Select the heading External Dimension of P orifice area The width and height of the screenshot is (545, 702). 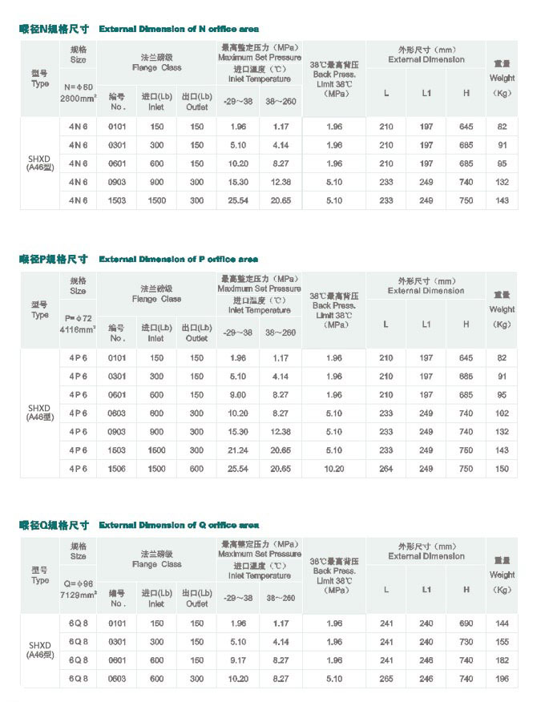pos(178,259)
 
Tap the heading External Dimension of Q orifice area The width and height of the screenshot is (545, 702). pos(178,525)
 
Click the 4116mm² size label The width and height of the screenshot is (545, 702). pos(78,329)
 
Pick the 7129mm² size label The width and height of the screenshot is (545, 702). pos(78,595)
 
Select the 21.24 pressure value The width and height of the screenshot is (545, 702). pos(237,450)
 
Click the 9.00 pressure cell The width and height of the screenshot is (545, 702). pos(237,395)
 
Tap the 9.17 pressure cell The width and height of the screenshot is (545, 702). pos(237,660)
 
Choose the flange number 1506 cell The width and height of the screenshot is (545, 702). pos(117,469)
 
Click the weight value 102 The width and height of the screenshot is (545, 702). pos(502,414)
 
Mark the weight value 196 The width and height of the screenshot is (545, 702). pos(502,679)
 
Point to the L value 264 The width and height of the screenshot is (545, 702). pos(386,469)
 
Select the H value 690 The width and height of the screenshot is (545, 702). pos(466,623)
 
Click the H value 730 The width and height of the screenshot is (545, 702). pos(466,642)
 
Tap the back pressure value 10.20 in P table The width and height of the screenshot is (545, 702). pos(334,469)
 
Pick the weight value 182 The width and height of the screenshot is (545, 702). pos(502,660)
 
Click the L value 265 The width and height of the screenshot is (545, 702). pos(386,679)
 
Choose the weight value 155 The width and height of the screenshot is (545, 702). pos(502,642)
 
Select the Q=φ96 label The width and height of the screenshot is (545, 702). pos(78,583)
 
